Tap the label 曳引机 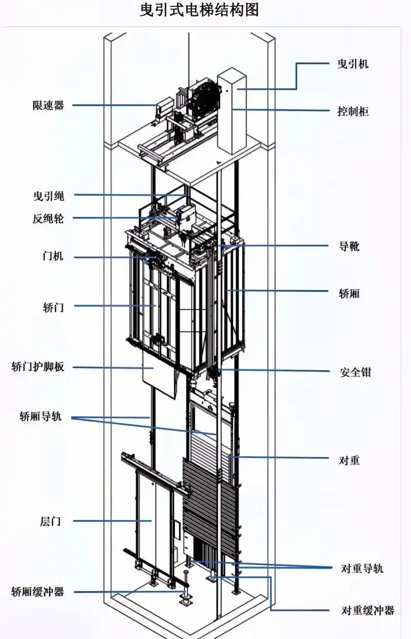[x=353, y=64]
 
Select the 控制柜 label [x=353, y=111]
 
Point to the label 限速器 [x=48, y=105]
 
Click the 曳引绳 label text [x=49, y=196]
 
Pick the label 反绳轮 [x=48, y=219]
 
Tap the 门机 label [x=53, y=256]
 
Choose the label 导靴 [x=349, y=246]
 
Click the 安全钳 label [x=356, y=372]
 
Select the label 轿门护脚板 [x=38, y=367]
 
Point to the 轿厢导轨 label [x=41, y=416]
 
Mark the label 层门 [x=50, y=521]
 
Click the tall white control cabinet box [x=232, y=111]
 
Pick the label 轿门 [x=53, y=307]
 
